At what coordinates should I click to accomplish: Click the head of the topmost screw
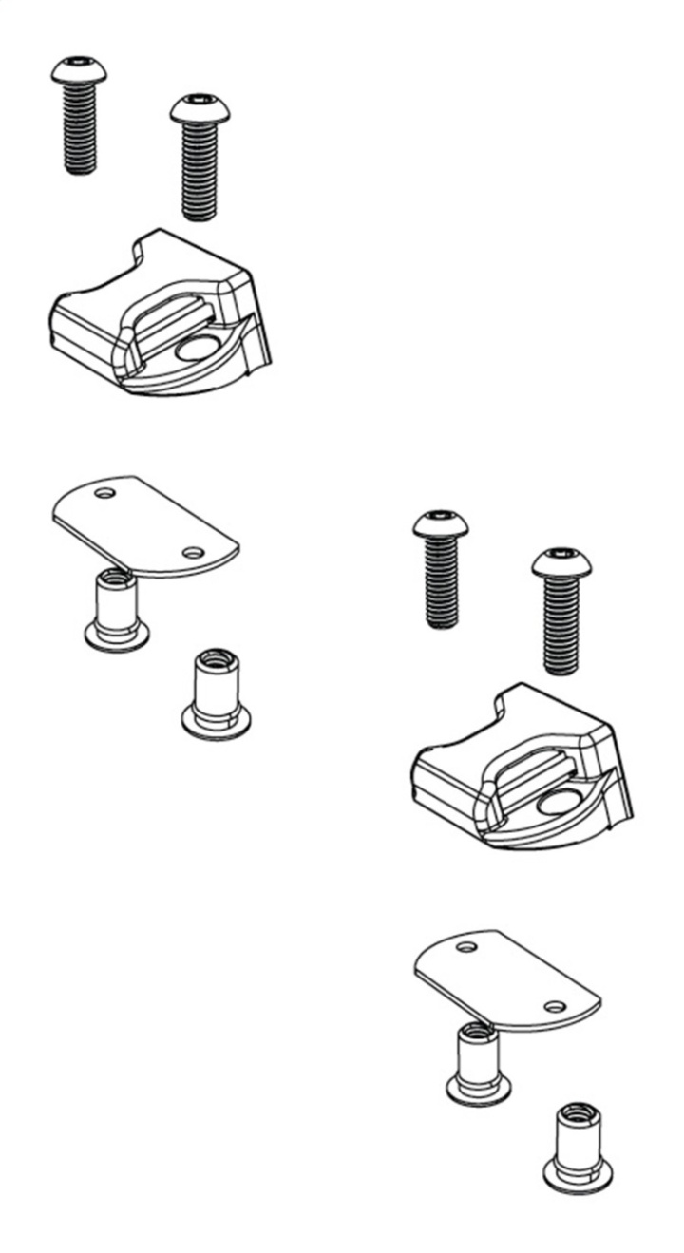(79, 69)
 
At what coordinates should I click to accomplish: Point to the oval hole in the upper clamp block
(197, 349)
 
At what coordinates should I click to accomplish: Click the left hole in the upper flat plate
(105, 493)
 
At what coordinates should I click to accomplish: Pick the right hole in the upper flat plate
(193, 552)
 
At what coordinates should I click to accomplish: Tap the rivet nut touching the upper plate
(116, 608)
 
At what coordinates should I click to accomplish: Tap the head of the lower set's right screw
(560, 561)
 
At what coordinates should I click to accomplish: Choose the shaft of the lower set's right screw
(561, 627)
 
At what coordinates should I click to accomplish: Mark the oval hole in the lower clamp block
(559, 804)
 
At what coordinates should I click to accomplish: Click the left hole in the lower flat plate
(466, 947)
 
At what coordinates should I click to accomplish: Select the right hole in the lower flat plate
(556, 1006)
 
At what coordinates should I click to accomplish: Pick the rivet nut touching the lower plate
(478, 1063)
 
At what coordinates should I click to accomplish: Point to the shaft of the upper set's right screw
(199, 171)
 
